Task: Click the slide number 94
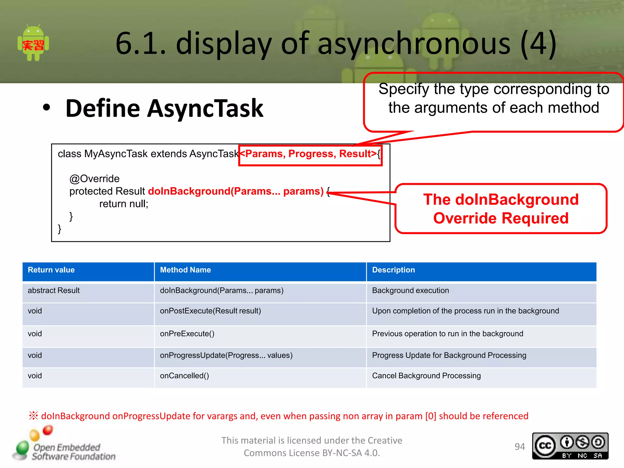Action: tap(520, 447)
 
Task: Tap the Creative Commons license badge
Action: tap(570, 446)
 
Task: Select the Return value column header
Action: tap(51, 270)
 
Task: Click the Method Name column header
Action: tap(185, 270)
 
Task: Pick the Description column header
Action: tap(393, 270)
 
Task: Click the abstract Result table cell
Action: tap(54, 290)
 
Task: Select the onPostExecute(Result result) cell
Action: tap(210, 311)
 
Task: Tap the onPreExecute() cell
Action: tap(187, 334)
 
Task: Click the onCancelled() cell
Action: tap(184, 376)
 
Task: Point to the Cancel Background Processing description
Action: tap(426, 376)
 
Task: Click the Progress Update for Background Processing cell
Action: tap(449, 355)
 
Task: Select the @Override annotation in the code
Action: tap(94, 179)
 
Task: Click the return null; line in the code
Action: tap(124, 204)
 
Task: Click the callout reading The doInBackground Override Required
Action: tap(501, 209)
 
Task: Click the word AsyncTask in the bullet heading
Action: tap(205, 108)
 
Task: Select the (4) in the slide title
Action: tap(538, 44)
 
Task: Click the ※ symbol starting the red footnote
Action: tap(34, 416)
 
